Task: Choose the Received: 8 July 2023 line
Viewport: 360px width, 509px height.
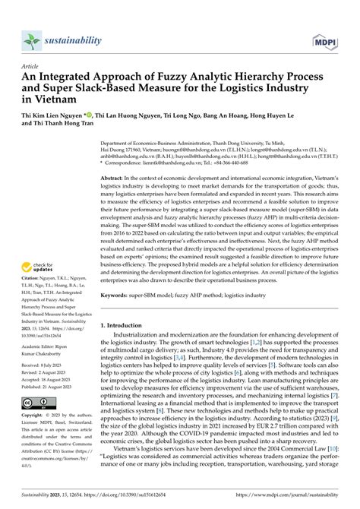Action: (47, 365)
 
